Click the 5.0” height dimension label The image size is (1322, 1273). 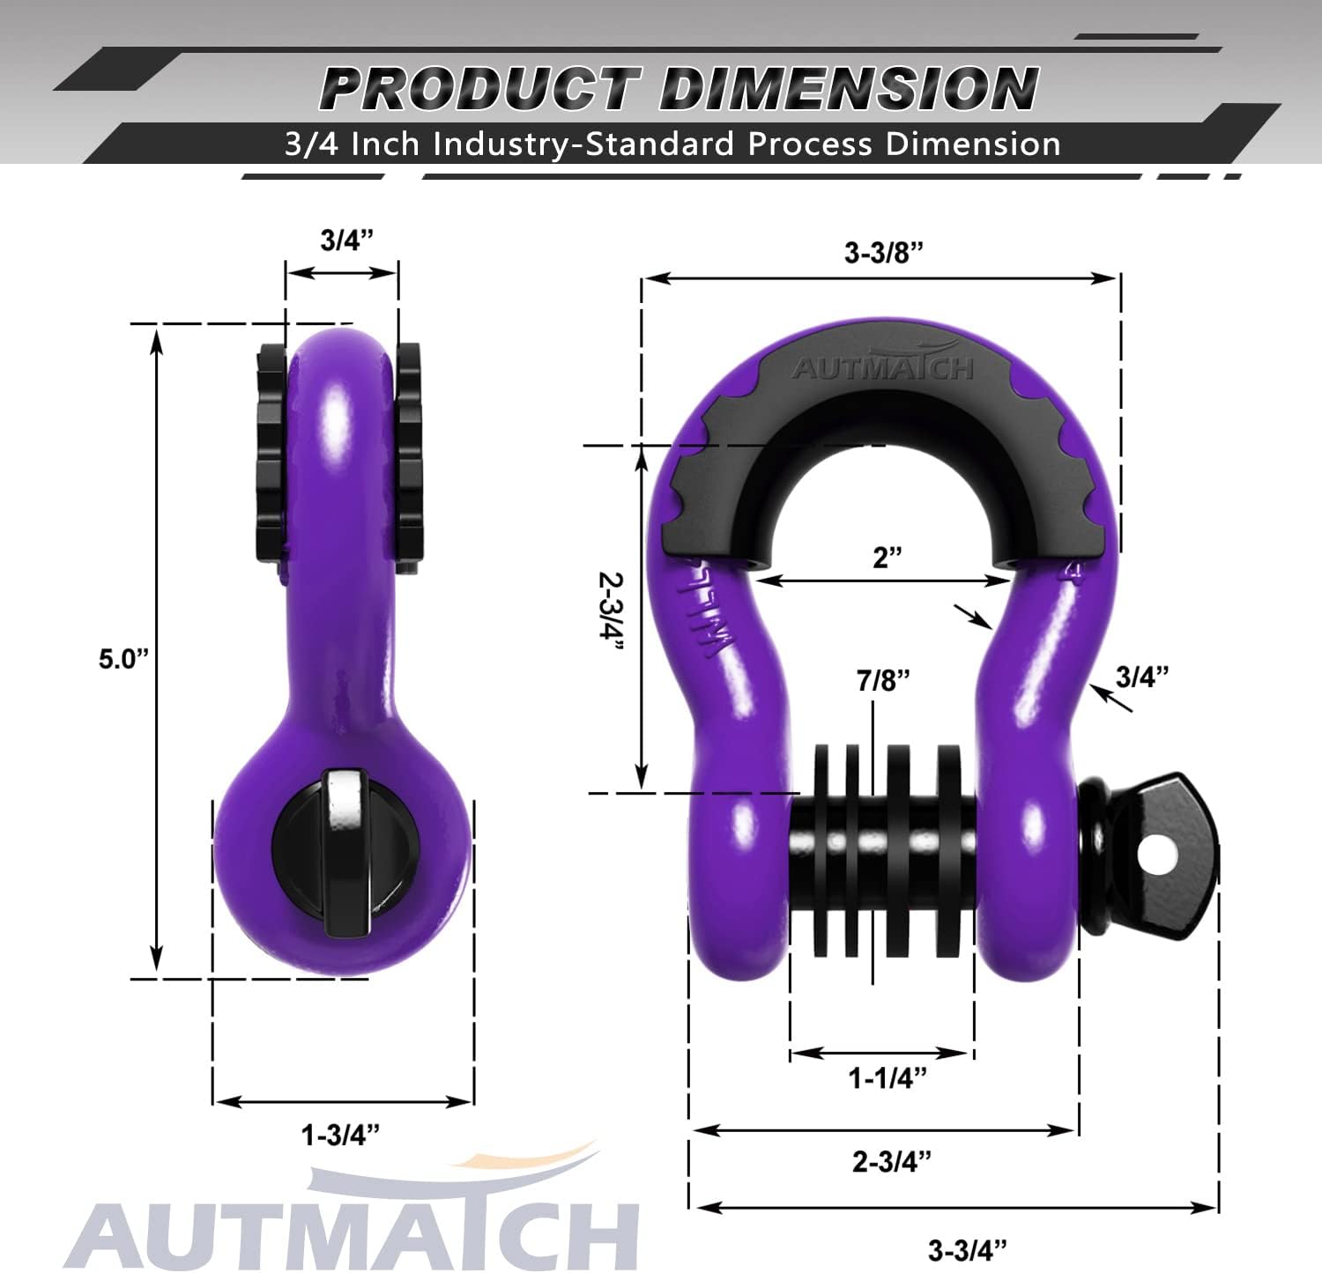124,658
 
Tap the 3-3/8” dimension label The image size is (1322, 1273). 883,253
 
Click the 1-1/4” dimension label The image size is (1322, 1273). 888,1077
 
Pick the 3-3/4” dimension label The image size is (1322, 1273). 967,1249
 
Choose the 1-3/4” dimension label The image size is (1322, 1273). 340,1136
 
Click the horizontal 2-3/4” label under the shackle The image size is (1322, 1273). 891,1161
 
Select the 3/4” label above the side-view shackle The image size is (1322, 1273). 346,240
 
